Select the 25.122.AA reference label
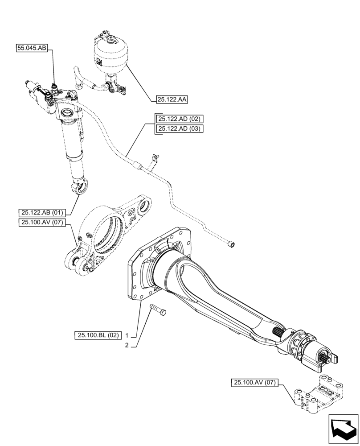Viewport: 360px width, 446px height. pyautogui.click(x=172, y=100)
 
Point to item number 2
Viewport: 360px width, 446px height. pyautogui.click(x=127, y=345)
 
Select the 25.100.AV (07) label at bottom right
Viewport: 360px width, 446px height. pyautogui.click(x=254, y=382)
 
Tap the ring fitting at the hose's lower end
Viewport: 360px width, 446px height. pyautogui.click(x=231, y=244)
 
